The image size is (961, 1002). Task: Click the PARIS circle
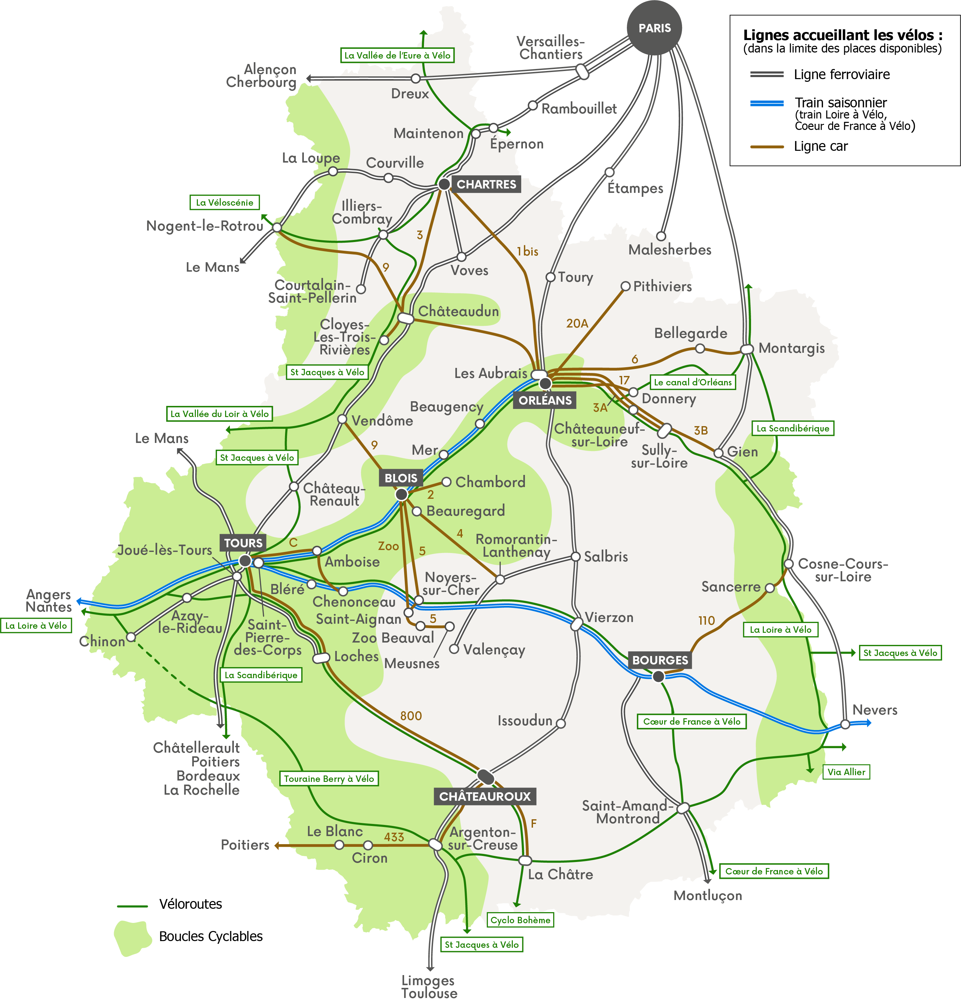(x=654, y=28)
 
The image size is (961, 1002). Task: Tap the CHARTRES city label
(x=486, y=184)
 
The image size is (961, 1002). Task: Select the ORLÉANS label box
(x=545, y=400)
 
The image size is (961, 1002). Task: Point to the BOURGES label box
(x=660, y=660)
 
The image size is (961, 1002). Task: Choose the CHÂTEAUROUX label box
(x=485, y=796)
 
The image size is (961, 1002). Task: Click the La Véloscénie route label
(x=224, y=202)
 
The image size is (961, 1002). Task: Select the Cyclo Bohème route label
(x=520, y=920)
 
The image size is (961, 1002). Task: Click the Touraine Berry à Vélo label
(x=329, y=779)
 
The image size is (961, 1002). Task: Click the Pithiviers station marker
(x=625, y=286)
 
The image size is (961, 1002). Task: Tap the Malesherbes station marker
(x=661, y=236)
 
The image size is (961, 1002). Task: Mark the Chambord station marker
(x=446, y=482)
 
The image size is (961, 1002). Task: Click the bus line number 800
(x=411, y=716)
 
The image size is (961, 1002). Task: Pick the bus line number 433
(x=394, y=837)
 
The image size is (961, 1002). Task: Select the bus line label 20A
(x=577, y=323)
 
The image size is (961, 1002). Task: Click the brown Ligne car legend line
(x=767, y=147)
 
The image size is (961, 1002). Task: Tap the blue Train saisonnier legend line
(x=767, y=103)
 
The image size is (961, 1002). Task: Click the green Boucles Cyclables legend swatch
(x=132, y=937)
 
